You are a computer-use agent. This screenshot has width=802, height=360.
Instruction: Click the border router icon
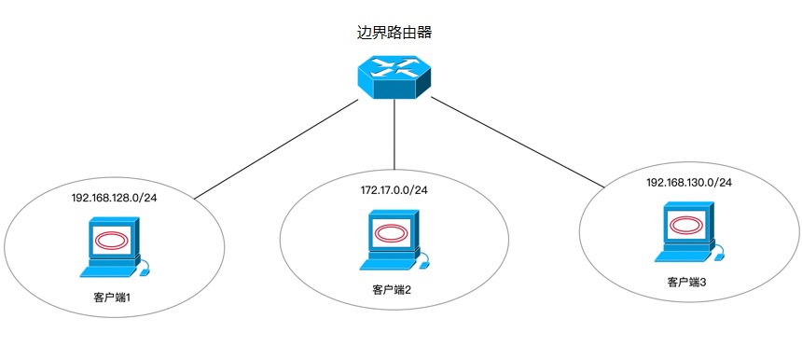point(397,77)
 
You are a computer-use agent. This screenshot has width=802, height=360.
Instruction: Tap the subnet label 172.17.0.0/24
point(394,190)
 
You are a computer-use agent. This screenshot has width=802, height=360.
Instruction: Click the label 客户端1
point(112,298)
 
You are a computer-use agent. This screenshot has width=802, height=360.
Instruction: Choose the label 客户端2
point(393,290)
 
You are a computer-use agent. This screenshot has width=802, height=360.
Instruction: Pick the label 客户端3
point(686,282)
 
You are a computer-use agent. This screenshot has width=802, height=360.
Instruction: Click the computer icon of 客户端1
point(113,246)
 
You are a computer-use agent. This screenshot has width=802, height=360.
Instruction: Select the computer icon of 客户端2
point(393,240)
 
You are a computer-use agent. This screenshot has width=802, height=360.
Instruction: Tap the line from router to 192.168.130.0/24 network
point(518,141)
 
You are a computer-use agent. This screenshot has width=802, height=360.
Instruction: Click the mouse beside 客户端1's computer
point(145,272)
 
